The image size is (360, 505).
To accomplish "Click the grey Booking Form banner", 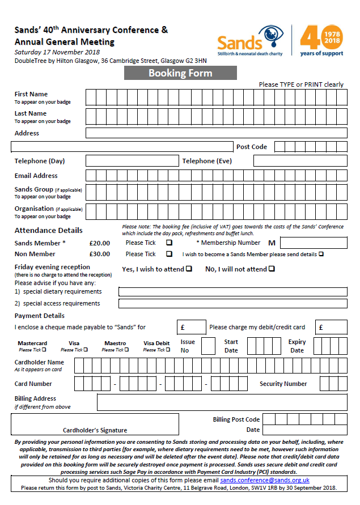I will click(x=180, y=73).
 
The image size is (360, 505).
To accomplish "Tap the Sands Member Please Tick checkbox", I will click(x=169, y=243).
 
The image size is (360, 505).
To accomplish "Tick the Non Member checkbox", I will click(x=169, y=254).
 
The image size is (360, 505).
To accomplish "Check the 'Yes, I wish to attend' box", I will click(x=189, y=269).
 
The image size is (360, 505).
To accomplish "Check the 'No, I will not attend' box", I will click(x=271, y=269).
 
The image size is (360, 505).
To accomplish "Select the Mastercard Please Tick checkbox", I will click(x=44, y=350).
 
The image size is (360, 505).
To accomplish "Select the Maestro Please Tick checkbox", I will click(x=126, y=350).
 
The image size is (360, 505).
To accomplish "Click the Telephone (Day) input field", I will click(x=132, y=161).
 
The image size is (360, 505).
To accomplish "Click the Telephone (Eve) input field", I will click(x=300, y=161).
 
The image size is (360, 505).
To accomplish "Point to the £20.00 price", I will click(x=100, y=243).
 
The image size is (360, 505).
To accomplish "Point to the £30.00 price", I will click(x=100, y=254).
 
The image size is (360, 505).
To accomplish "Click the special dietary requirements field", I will click(x=232, y=292).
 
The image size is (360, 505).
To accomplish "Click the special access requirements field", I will click(x=232, y=304).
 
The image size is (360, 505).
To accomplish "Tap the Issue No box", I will click(x=208, y=346).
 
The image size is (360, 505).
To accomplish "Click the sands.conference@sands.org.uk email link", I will click(x=265, y=480).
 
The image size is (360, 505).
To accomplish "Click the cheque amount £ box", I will click(x=191, y=327).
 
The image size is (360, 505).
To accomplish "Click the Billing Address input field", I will click(x=222, y=402).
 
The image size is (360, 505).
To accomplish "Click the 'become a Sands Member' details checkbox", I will click(x=321, y=254).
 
